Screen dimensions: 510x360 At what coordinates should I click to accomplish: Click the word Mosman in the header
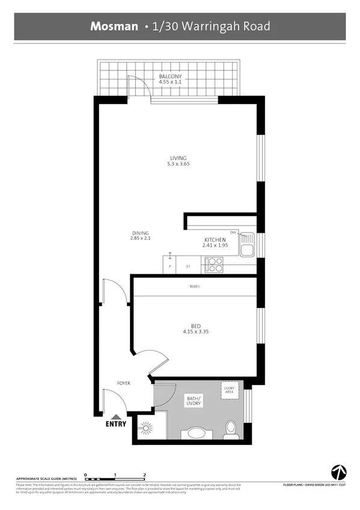[114, 26]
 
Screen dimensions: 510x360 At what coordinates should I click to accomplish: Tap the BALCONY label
[170, 77]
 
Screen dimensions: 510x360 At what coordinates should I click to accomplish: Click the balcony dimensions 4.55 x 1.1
[170, 82]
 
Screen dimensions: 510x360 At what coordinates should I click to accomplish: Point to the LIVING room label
[178, 158]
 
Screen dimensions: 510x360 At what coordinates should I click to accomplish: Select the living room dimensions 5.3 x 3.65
[178, 164]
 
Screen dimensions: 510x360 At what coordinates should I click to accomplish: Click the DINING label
[140, 233]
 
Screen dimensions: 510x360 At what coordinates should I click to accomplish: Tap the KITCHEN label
[215, 239]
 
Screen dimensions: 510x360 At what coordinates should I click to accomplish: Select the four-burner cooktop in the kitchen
[215, 265]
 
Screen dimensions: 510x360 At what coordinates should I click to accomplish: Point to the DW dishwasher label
[233, 232]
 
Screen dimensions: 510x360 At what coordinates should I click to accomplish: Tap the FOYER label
[124, 383]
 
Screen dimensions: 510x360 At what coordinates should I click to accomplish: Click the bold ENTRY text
[116, 423]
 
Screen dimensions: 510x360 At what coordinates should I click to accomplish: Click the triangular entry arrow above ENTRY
[116, 416]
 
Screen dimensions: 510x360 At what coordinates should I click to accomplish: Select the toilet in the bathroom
[229, 428]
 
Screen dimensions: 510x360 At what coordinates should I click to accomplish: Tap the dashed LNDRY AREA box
[229, 390]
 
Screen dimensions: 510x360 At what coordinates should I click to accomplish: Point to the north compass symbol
[337, 472]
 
